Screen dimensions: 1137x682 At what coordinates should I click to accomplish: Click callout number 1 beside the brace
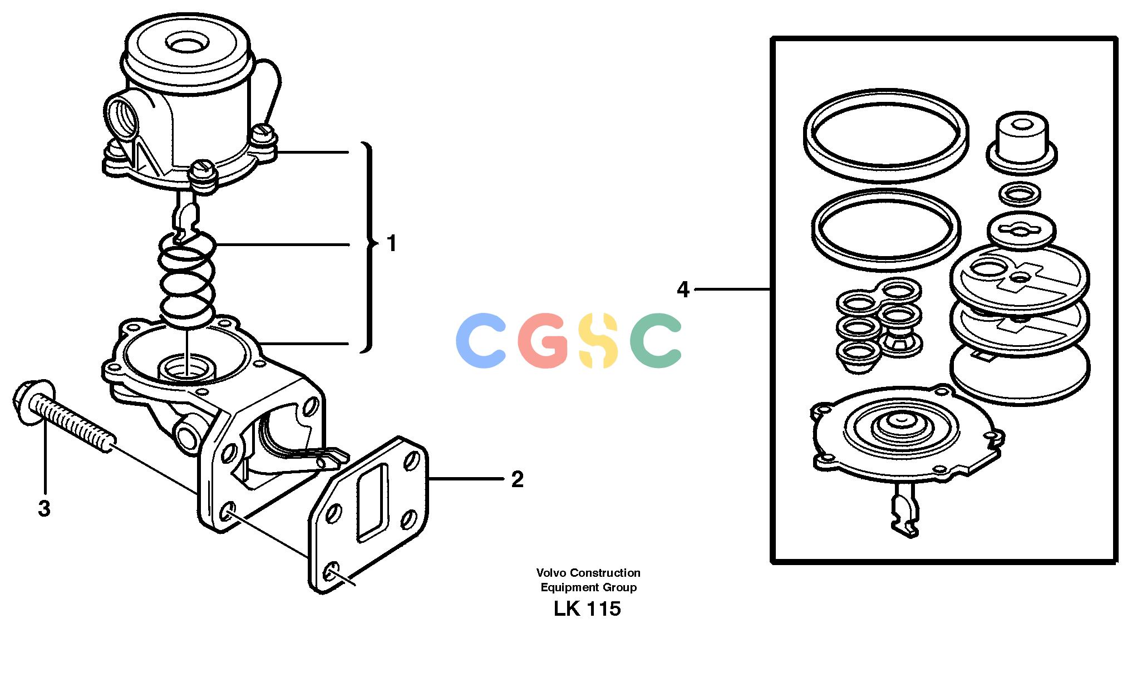[x=392, y=244]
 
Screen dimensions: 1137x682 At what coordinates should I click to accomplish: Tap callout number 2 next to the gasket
[x=517, y=479]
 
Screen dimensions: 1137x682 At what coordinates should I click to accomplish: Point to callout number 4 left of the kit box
[x=683, y=290]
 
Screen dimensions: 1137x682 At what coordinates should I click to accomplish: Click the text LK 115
[x=587, y=609]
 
